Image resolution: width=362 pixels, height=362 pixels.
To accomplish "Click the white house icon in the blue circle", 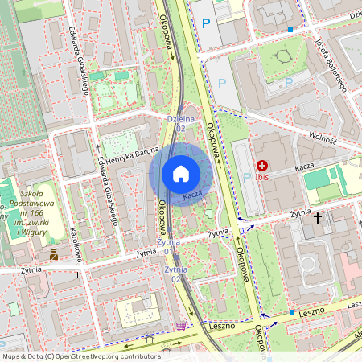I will pyautogui.click(x=181, y=173).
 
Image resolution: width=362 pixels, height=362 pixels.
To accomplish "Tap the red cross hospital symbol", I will pyautogui.click(x=262, y=165).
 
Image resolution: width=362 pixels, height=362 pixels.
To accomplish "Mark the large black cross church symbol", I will pyautogui.click(x=318, y=217).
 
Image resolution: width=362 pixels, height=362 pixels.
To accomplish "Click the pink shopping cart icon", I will pyautogui.click(x=180, y=326).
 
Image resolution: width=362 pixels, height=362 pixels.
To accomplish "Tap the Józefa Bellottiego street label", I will pyautogui.click(x=329, y=64).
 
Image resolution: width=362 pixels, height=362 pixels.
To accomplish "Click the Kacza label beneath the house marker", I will pyautogui.click(x=191, y=195).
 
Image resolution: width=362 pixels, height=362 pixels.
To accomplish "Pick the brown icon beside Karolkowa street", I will pyautogui.click(x=54, y=255).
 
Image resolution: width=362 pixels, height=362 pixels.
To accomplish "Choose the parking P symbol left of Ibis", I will pyautogui.click(x=247, y=178).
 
